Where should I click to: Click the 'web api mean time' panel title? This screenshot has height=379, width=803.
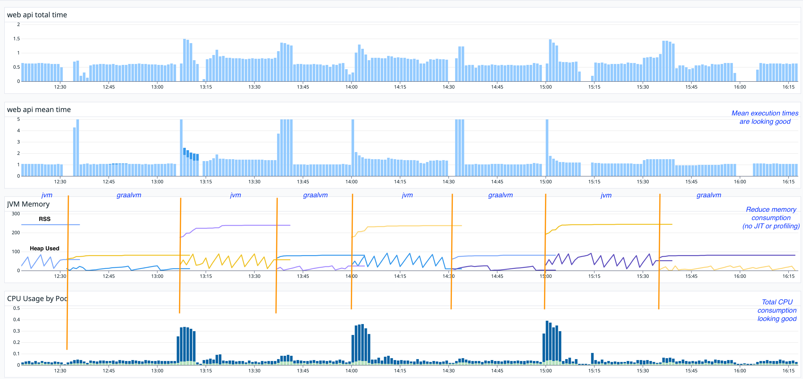pos(39,110)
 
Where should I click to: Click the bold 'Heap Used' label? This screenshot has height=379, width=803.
pos(44,248)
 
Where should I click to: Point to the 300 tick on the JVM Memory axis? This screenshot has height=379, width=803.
pos(16,214)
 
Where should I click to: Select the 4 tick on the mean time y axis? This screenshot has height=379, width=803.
pos(18,131)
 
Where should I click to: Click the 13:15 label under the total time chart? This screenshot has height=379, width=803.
pos(205,87)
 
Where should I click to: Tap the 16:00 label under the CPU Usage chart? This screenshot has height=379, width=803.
pos(739,371)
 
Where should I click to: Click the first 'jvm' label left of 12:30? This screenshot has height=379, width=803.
pos(47,195)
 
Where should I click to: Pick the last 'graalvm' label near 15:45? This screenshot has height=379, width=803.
pos(708,195)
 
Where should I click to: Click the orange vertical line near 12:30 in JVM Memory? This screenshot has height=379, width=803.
pos(68,237)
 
